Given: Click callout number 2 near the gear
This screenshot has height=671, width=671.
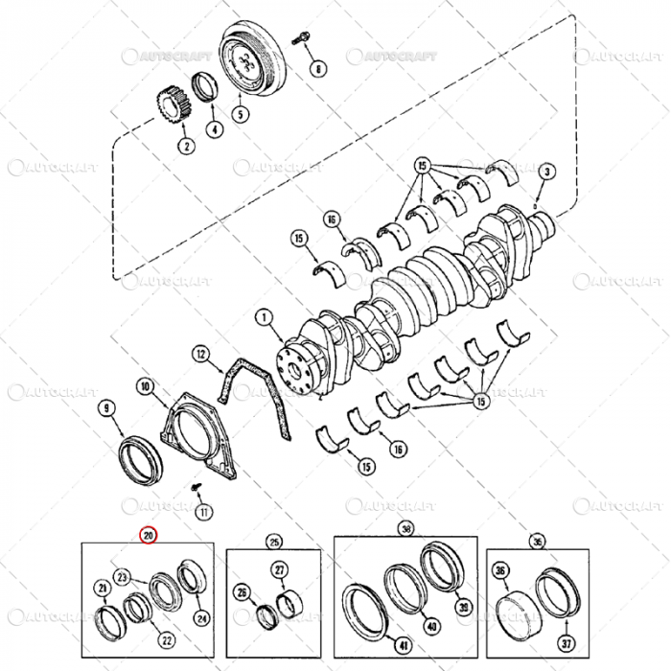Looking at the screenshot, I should click(x=184, y=146).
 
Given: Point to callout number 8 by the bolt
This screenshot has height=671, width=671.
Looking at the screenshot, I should click(x=319, y=68).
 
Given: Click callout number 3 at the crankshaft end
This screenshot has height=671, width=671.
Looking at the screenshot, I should click(x=547, y=172).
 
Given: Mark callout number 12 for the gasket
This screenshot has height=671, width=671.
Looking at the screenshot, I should click(x=201, y=354).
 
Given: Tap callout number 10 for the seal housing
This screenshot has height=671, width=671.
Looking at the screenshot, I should click(x=145, y=387).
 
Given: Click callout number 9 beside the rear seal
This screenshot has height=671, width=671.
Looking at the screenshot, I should click(x=107, y=409).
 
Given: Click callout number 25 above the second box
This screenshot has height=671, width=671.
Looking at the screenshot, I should click(x=273, y=540).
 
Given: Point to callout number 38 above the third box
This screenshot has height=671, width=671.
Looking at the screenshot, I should click(x=405, y=528).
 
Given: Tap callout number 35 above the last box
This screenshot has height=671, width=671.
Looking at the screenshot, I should click(x=537, y=541).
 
